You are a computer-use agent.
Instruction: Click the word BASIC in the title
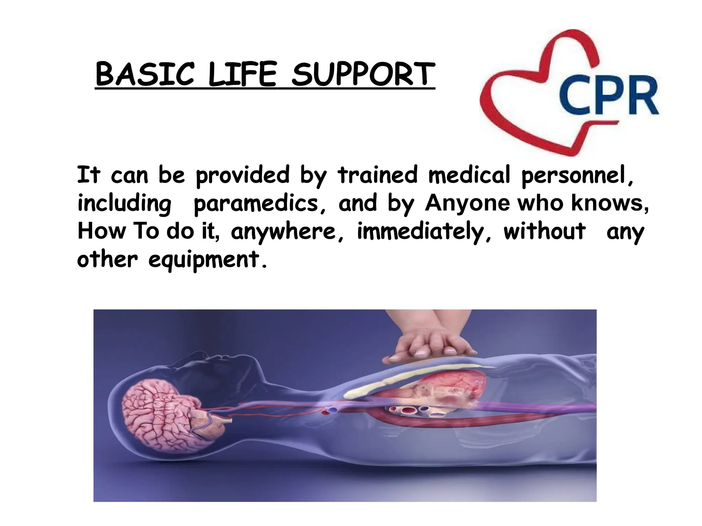(x=145, y=74)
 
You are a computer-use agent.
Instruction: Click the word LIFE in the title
(x=242, y=74)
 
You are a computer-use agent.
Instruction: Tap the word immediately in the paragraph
(x=424, y=231)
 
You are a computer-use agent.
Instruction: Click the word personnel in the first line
(x=577, y=175)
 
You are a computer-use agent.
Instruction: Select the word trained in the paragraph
(x=378, y=175)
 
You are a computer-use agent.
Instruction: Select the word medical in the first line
(x=469, y=175)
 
